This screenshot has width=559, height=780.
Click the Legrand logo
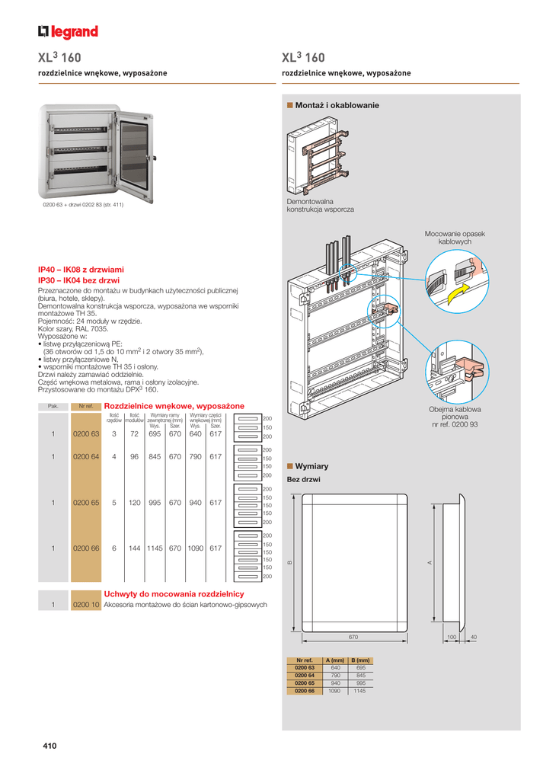[x=69, y=31]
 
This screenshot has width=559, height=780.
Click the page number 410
[x=50, y=746]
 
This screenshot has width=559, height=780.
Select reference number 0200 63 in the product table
[x=86, y=434]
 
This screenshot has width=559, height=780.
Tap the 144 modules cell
[x=134, y=548]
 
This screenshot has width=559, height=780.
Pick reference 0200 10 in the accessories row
[x=86, y=605]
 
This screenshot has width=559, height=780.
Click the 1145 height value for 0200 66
[x=155, y=548]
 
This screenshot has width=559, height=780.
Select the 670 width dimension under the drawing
[x=353, y=636]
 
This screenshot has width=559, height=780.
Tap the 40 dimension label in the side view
[x=474, y=636]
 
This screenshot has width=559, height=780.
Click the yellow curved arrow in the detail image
[x=457, y=292]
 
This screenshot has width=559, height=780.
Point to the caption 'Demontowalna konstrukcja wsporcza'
[x=320, y=205]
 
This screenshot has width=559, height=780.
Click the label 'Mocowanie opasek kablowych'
[x=455, y=238]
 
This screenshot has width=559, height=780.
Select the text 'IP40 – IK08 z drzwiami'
[x=81, y=270]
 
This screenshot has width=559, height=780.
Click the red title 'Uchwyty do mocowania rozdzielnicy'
[x=174, y=593]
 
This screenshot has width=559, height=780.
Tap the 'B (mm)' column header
[x=360, y=660]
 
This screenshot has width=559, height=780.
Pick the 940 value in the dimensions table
[x=335, y=682]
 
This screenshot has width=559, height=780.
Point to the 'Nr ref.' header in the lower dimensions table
[x=305, y=660]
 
